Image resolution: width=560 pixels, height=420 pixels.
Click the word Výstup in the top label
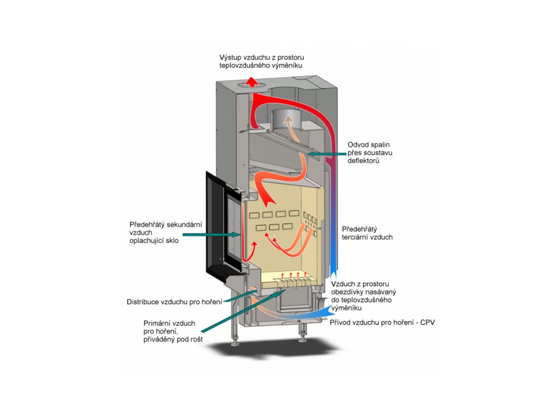pyautogui.click(x=230, y=57)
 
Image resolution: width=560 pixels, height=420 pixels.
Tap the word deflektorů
pyautogui.click(x=363, y=161)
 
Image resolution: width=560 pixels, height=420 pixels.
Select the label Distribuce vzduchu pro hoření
pyautogui.click(x=174, y=302)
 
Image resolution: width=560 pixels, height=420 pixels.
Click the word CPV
pyautogui.click(x=428, y=323)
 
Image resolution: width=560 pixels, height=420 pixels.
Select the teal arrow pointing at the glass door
pyautogui.click(x=211, y=235)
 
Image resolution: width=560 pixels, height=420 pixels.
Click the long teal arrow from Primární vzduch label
pyautogui.click(x=243, y=311)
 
